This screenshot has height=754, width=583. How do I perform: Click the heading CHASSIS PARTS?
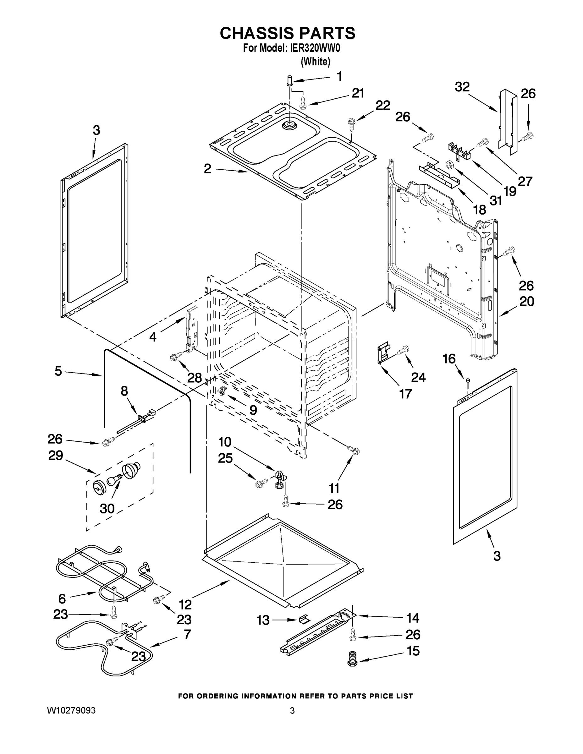tap(287, 33)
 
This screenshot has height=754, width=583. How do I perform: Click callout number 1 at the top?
tap(339, 76)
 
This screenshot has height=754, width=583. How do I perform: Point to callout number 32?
tap(462, 87)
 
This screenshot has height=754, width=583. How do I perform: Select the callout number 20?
tap(526, 301)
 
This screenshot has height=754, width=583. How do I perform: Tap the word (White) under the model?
tap(315, 62)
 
